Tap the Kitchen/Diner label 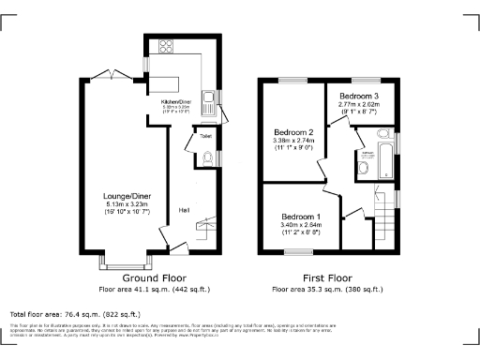(x=177, y=101)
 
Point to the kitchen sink (x=217, y=96)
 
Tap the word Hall (x=185, y=210)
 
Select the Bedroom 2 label (x=292, y=131)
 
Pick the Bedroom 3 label (x=359, y=96)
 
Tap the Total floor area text (x=63, y=313)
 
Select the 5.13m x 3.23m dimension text (x=128, y=204)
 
